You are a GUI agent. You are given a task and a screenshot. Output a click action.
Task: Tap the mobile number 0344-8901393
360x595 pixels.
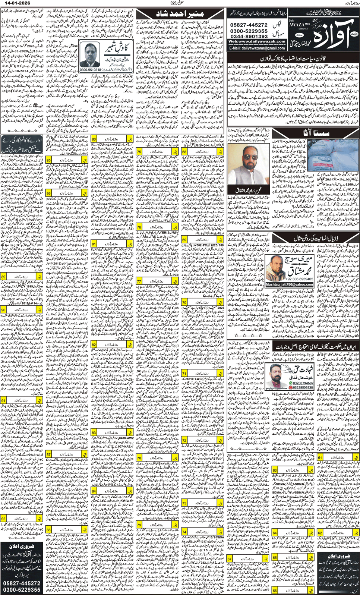point(249,36)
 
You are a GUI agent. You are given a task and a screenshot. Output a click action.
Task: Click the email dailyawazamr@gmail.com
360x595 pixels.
point(257,48)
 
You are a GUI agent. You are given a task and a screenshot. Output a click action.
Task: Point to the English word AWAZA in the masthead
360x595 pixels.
point(296,25)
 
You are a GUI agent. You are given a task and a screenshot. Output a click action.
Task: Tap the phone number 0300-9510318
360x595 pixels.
point(90,70)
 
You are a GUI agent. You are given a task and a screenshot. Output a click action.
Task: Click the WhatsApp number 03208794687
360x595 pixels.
point(303,383)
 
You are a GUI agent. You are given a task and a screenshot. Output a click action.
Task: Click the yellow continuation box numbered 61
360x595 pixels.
point(320,457)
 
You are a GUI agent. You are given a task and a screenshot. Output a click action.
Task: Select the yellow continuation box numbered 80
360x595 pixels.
point(94,139)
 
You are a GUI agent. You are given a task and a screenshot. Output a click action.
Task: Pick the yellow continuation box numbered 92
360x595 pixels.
point(3,518)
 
